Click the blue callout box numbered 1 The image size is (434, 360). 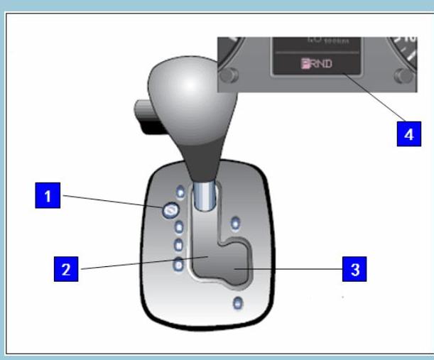48,195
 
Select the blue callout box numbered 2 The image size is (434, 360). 66,269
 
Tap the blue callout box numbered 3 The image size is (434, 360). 354,269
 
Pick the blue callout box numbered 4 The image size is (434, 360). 408,134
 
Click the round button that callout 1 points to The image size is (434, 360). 170,210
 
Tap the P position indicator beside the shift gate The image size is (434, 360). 180,192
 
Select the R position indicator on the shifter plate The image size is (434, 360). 180,228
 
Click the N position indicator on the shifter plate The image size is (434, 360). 179,246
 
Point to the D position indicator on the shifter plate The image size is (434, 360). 178,265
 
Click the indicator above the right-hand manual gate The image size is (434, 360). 236,222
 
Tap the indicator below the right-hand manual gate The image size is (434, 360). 237,304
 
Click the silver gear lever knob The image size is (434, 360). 191,92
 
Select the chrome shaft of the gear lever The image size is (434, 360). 203,195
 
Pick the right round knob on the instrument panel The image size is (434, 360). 406,76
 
